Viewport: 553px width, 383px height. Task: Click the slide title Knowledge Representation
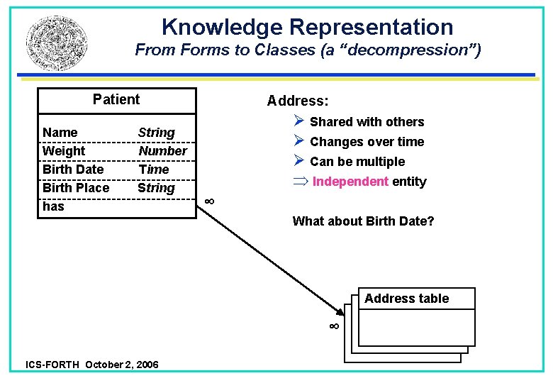[307, 27]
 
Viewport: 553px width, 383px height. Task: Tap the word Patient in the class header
[116, 99]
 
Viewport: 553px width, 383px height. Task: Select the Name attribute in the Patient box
[60, 133]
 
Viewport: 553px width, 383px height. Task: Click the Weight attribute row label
[64, 151]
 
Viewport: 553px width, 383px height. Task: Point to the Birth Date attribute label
[73, 170]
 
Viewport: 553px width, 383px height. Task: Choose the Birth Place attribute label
[76, 188]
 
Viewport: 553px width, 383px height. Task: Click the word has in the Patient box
[53, 206]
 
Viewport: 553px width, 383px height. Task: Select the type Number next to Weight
[162, 151]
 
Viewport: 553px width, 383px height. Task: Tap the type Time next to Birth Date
[154, 170]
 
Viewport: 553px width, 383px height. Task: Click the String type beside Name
[156, 133]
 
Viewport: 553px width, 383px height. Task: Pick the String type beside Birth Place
[156, 188]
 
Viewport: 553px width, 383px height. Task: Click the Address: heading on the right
[298, 101]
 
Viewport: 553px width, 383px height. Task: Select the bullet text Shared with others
[367, 122]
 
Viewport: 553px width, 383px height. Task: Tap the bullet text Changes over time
[367, 142]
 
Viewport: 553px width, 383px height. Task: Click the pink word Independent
[350, 182]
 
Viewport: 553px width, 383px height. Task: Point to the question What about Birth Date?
[363, 221]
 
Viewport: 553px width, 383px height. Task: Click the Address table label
[406, 299]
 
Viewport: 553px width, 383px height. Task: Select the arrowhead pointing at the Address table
[338, 309]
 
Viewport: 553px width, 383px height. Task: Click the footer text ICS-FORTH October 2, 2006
[92, 365]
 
